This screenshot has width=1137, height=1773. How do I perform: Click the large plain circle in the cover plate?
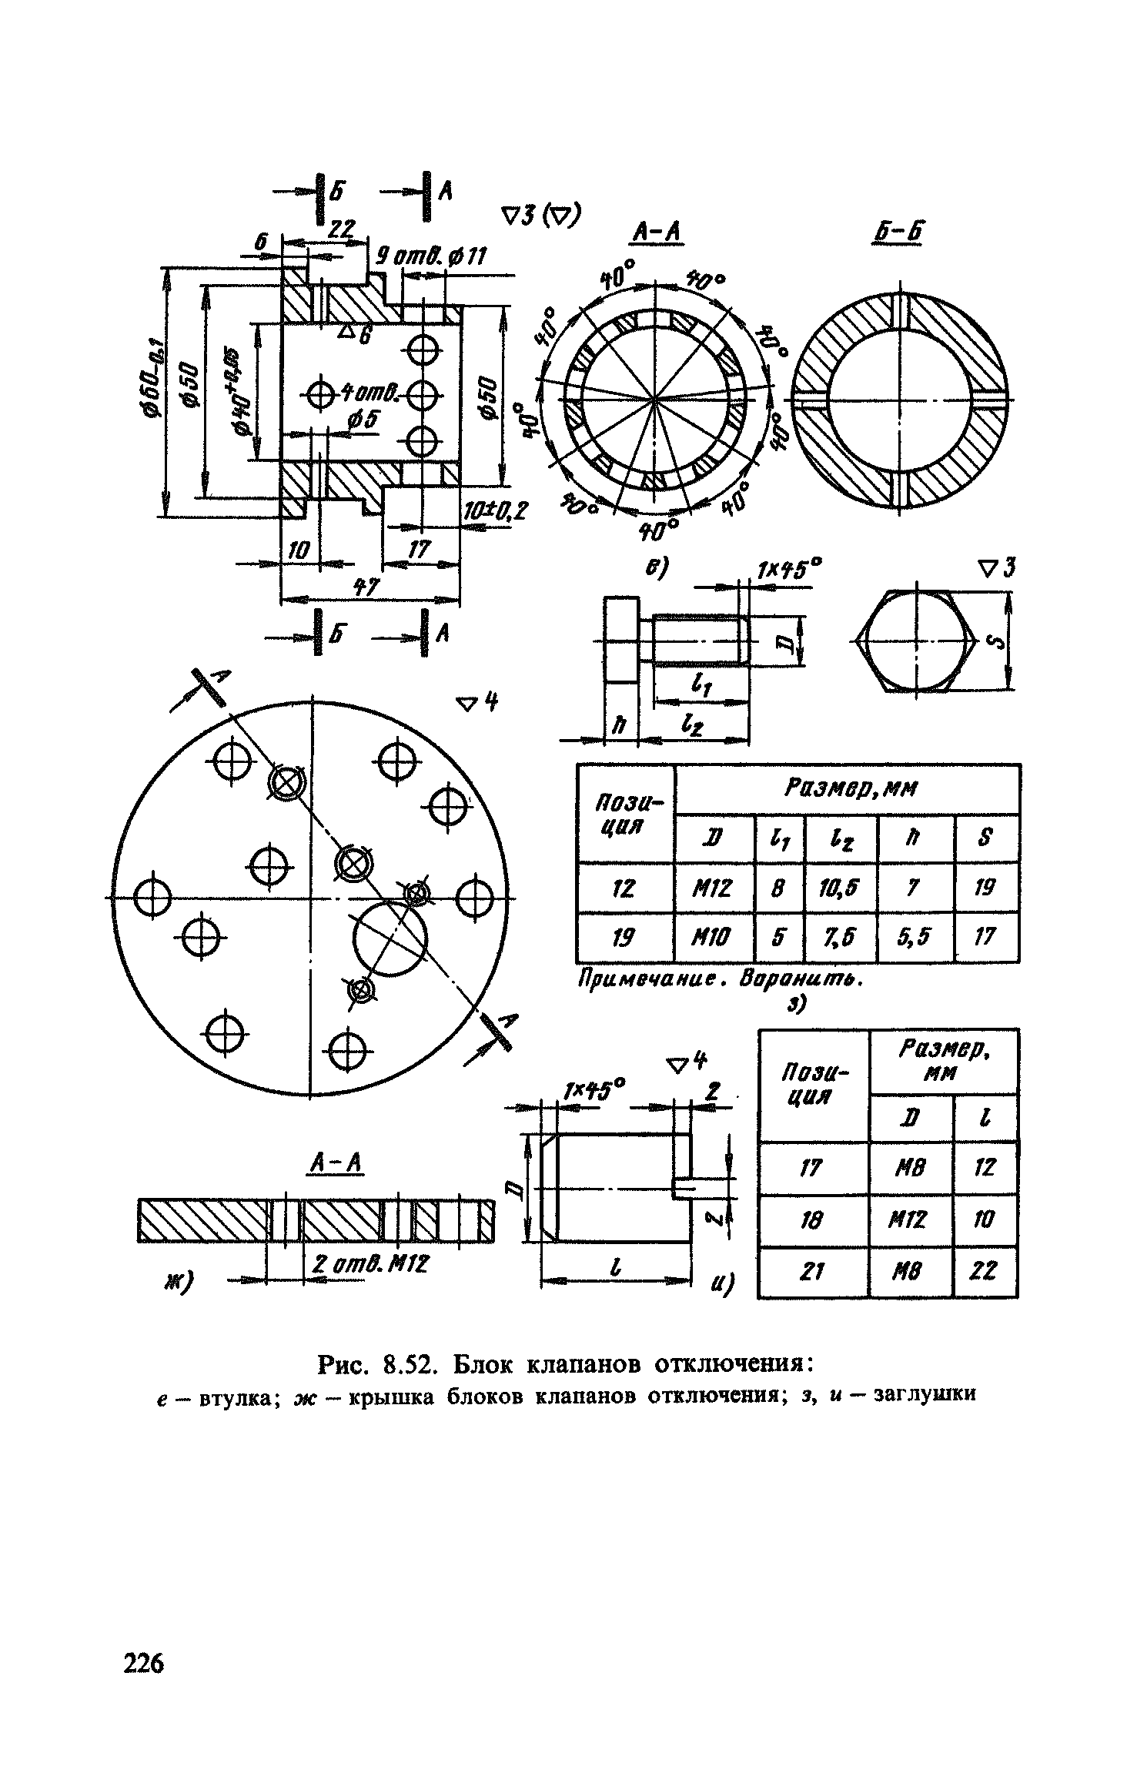[x=390, y=940]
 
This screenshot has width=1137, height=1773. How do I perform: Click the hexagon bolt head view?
[x=915, y=641]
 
